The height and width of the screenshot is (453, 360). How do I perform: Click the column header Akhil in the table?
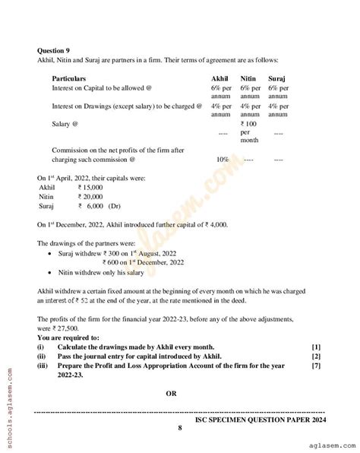click(x=220, y=78)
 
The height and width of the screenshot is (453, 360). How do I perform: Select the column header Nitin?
click(x=248, y=78)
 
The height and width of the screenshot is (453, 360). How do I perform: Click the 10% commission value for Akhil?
click(x=222, y=160)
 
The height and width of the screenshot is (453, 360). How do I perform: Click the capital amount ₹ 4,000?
click(x=213, y=225)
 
